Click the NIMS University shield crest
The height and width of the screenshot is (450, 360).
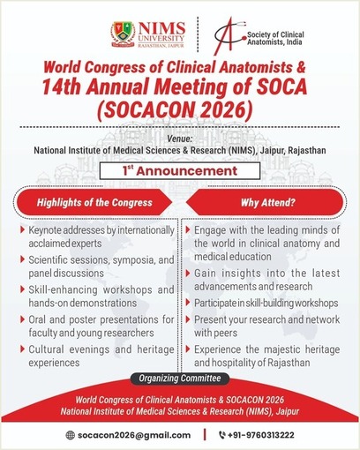pos(123,34)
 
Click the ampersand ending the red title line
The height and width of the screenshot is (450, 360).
pos(301,67)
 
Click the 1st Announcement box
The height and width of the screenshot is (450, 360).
pos(180,170)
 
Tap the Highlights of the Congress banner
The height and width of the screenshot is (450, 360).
pos(94,202)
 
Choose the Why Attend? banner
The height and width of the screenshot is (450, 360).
pos(266,202)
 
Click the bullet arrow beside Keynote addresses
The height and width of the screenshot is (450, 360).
pos(22,229)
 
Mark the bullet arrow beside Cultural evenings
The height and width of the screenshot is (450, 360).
pos(22,349)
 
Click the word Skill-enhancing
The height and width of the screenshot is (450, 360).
pos(63,289)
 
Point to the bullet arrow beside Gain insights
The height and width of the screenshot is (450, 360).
pos(188,274)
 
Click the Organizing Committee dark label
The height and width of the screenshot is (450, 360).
pos(180,379)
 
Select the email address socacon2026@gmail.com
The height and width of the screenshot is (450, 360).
pos(134,435)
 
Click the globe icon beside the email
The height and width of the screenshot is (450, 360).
pos(71,435)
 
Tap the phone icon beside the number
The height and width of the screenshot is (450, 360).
pos(222,435)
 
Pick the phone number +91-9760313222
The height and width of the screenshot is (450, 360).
pos(260,435)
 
